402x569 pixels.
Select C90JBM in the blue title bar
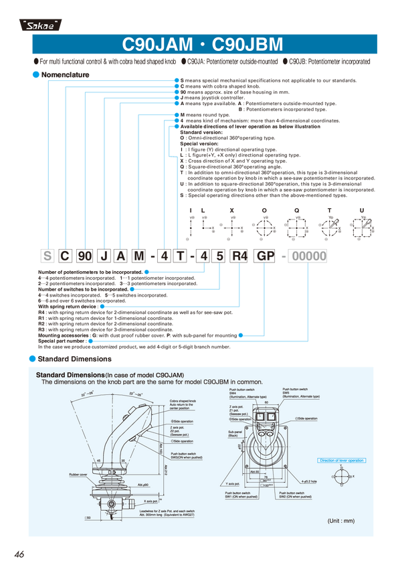coord(247,45)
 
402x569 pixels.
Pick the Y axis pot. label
coord(233,483)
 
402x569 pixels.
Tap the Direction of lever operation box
coord(342,461)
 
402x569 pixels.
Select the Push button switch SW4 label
coord(242,393)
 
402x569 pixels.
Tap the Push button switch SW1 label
coord(241,497)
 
